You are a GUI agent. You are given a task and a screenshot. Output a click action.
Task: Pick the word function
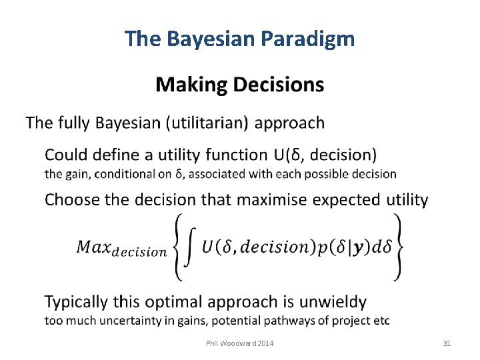point(236,155)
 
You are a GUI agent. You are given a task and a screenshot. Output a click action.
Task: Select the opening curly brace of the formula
point(177,247)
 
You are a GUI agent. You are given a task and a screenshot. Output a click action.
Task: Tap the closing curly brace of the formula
point(398,247)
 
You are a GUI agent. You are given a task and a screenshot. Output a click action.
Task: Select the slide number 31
point(447,343)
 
